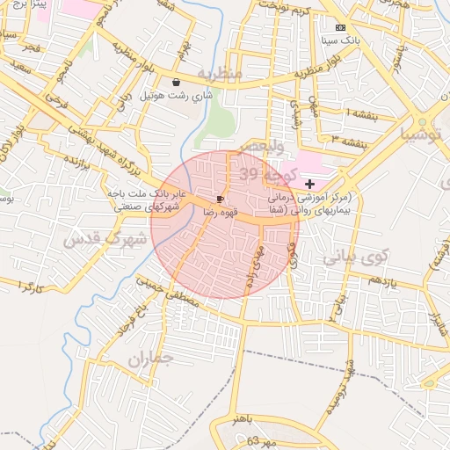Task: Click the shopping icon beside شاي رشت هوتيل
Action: coord(177,81)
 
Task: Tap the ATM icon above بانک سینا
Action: coord(341,28)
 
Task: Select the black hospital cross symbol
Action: coord(308,183)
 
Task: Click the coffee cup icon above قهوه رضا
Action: coord(220,200)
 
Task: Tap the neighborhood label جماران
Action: coord(150,359)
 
